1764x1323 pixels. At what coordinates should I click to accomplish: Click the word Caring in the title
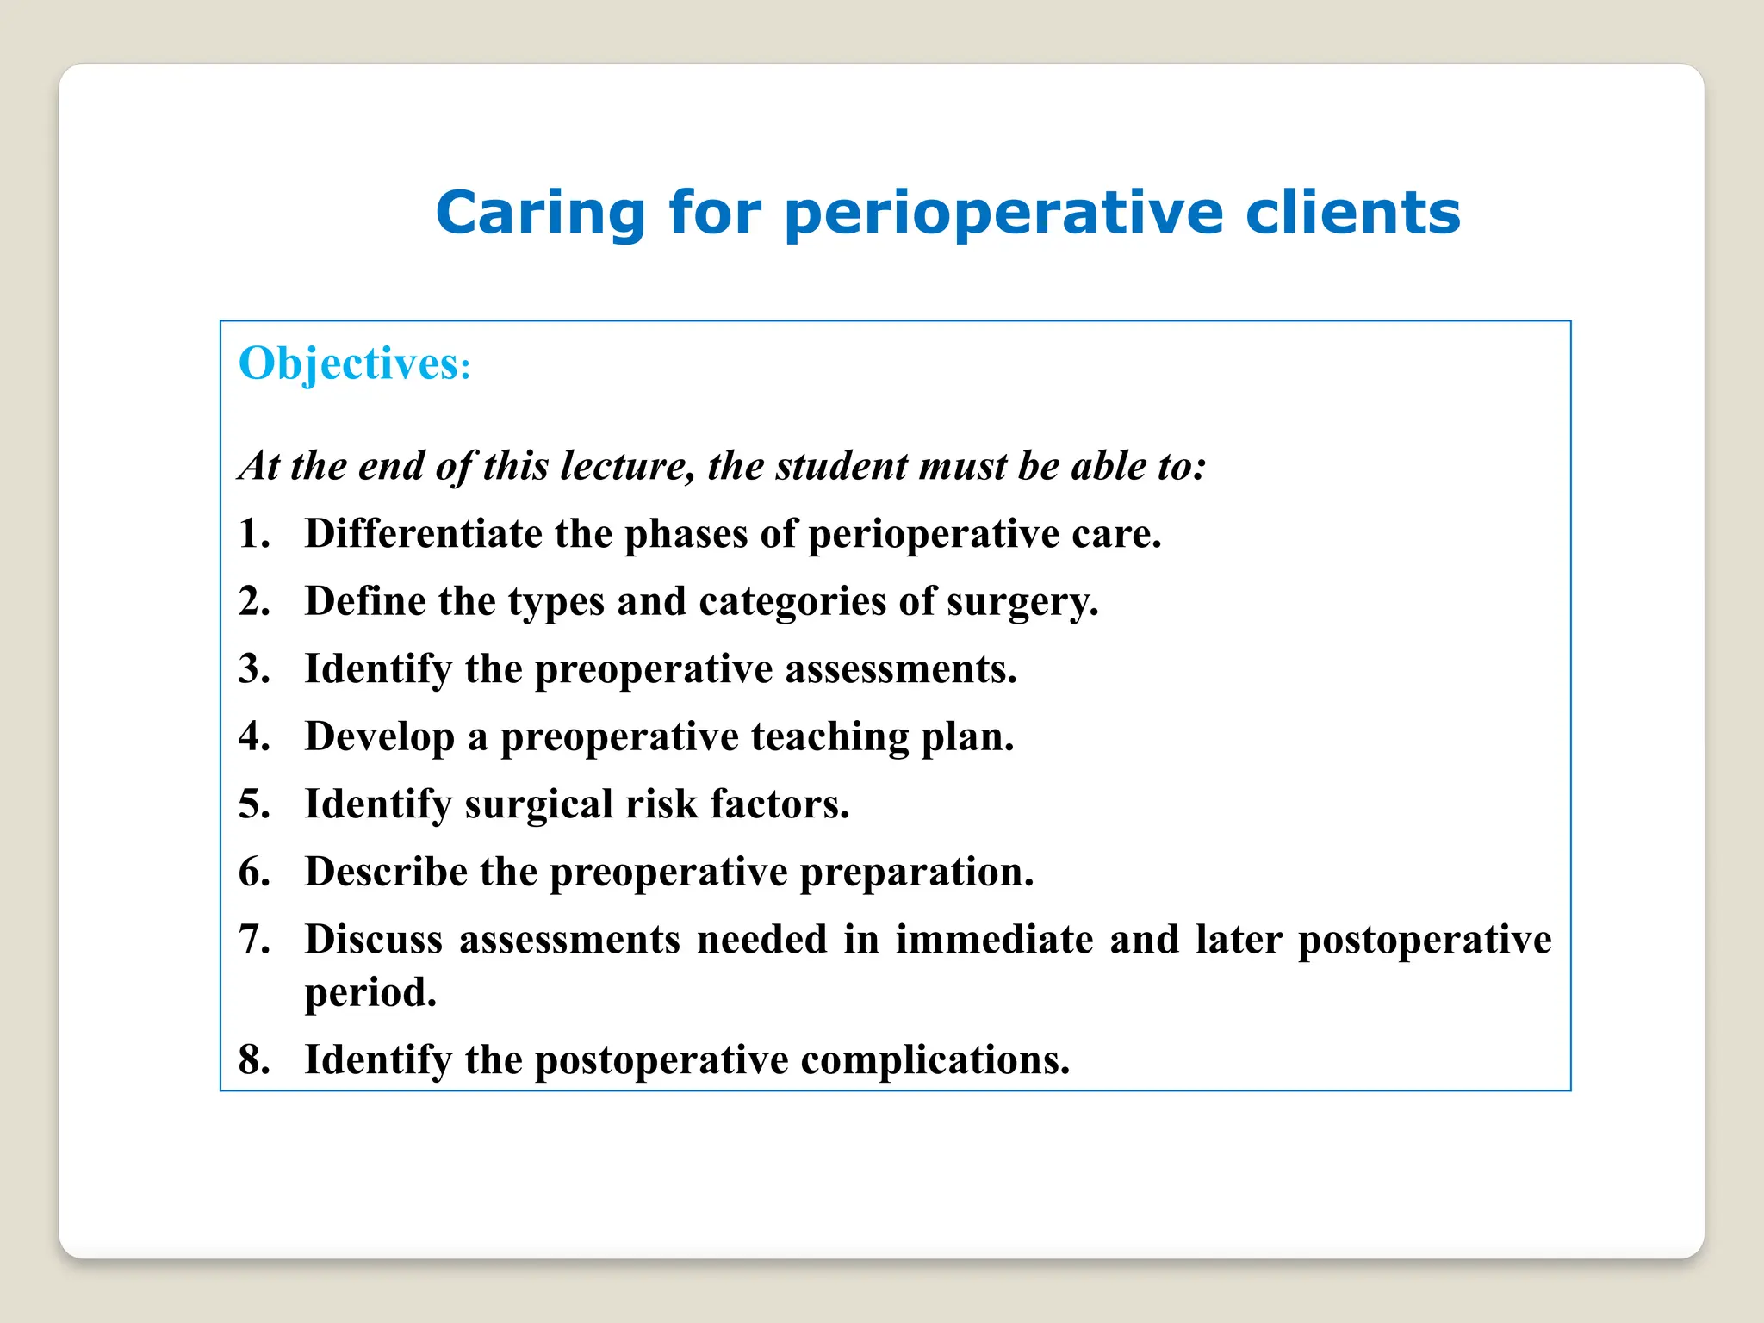(x=540, y=213)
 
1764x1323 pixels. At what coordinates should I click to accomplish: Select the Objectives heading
(x=354, y=363)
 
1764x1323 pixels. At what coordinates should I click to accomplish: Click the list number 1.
(x=253, y=533)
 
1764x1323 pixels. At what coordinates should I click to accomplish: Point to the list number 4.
(x=253, y=736)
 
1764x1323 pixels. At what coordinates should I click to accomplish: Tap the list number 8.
(x=253, y=1059)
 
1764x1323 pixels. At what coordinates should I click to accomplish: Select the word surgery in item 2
(x=1022, y=602)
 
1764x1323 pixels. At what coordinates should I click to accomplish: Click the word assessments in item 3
(x=900, y=669)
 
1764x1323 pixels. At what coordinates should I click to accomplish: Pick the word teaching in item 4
(x=829, y=736)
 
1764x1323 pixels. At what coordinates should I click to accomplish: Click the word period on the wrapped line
(x=370, y=993)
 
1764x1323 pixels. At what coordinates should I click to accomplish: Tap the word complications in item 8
(x=935, y=1059)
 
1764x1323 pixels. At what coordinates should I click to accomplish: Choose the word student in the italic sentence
(x=842, y=466)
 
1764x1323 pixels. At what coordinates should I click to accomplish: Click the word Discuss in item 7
(x=374, y=940)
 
